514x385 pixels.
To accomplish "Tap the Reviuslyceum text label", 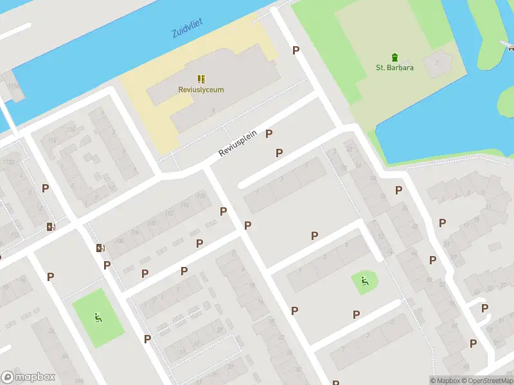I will [x=201, y=90].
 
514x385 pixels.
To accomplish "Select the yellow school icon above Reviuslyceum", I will [x=201, y=79].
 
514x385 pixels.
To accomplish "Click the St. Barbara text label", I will [x=394, y=67].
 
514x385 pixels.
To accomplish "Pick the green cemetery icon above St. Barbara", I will [x=395, y=56].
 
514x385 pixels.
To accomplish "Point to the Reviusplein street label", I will [x=237, y=143].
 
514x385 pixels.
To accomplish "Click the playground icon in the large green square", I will [x=98, y=316].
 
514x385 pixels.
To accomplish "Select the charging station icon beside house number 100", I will [x=100, y=248].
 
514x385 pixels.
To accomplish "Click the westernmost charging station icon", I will [x=51, y=226].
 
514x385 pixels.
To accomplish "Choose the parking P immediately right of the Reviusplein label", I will [x=269, y=133].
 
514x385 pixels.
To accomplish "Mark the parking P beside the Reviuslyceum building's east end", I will [x=296, y=50].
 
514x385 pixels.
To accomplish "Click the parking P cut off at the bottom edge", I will [x=335, y=382].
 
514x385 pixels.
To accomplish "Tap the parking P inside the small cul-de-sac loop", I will [x=485, y=308].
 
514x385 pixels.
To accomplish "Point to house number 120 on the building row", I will [x=201, y=195].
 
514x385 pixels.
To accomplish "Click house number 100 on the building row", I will [x=118, y=241].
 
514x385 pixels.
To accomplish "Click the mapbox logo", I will [x=28, y=377].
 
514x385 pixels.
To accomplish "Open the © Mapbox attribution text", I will [x=445, y=381].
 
